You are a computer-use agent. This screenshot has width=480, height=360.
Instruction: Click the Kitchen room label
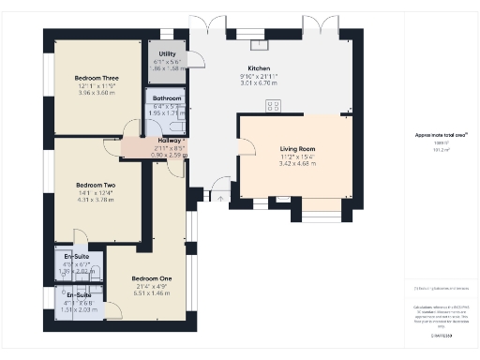(259, 69)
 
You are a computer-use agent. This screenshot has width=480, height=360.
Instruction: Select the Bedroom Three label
(97, 79)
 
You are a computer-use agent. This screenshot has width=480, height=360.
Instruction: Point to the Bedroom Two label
(96, 185)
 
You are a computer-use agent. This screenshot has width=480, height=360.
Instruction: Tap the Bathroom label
(167, 97)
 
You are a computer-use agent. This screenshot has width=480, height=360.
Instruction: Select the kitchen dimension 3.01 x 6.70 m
(259, 84)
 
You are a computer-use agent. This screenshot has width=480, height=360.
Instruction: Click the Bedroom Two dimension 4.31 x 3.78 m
(96, 200)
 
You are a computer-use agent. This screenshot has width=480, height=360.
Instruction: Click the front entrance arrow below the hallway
(217, 197)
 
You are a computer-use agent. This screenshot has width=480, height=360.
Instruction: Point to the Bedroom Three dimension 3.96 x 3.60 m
(97, 93)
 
